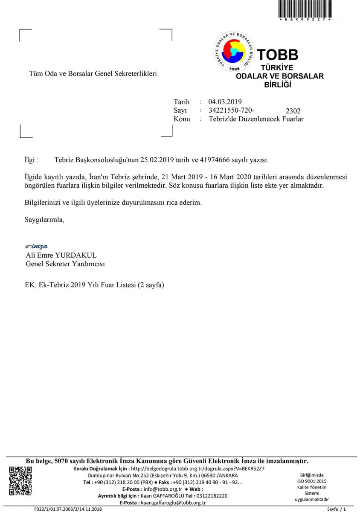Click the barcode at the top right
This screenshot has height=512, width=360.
[305, 9]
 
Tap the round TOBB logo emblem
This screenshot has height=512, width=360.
[233, 52]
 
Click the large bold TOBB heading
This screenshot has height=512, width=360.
[277, 55]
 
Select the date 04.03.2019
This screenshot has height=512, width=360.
[225, 102]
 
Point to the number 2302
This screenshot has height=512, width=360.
[293, 111]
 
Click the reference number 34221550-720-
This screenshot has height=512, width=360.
[231, 110]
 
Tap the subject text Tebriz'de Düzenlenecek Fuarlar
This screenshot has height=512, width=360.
[256, 119]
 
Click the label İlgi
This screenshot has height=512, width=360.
[32, 160]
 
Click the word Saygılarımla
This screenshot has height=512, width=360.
[45, 220]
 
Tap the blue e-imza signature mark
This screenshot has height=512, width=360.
[36, 246]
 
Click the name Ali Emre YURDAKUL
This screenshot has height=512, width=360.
[61, 255]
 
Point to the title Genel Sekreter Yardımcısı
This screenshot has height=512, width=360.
[65, 264]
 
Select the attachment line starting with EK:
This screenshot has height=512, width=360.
[95, 285]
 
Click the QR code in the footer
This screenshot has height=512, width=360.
[20, 481]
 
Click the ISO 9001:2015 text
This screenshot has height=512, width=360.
[312, 481]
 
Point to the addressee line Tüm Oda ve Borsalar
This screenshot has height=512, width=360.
[93, 73]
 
